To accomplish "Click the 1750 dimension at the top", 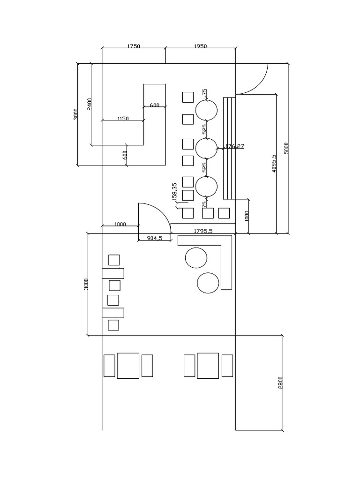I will pos(134,46).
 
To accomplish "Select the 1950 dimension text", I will pos(200,46).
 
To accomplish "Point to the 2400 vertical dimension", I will pos(90,104).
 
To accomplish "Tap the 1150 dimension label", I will pos(122,119).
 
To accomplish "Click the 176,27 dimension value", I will pos(235,146).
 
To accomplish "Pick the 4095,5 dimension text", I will pos(274,164).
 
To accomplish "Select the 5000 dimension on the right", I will pos(286,148).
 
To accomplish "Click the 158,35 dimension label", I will pos(175,192).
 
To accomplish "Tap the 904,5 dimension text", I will pos(154,238).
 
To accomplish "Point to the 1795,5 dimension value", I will pos(203,231).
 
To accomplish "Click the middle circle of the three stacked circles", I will pos(206,149).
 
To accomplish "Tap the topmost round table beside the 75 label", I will pos(206,111).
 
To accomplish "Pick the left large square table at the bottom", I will pos(128,366).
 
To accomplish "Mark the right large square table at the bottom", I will pos(208,366).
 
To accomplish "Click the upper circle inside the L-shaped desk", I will pos(196,258).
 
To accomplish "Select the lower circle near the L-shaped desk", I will pos(208,283).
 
